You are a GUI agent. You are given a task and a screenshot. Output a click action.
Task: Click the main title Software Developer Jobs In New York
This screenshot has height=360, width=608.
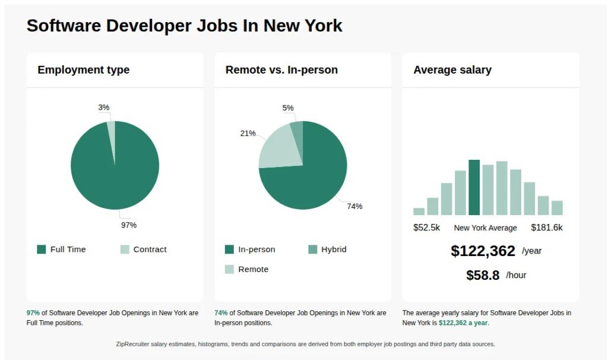(x=184, y=26)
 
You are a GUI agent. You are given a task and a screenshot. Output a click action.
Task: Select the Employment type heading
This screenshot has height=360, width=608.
(x=83, y=70)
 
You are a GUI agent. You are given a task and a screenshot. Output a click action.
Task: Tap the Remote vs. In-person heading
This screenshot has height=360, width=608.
(x=281, y=70)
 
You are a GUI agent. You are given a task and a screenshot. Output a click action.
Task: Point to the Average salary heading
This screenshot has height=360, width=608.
(x=452, y=70)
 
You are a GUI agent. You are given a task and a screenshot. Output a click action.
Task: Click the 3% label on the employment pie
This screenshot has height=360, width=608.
(x=104, y=108)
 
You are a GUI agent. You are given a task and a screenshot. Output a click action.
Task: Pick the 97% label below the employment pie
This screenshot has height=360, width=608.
(x=129, y=225)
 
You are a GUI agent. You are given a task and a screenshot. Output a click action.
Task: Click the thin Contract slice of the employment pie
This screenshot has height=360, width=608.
(x=111, y=131)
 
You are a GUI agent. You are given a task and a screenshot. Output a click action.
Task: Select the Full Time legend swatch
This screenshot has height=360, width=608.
(x=42, y=250)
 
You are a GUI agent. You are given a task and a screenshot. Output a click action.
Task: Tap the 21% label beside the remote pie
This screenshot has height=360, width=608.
(x=248, y=133)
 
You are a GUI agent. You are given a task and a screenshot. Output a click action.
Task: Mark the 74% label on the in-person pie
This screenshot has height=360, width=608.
(x=354, y=206)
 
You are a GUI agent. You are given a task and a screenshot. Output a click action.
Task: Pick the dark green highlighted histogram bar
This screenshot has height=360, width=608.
(x=474, y=187)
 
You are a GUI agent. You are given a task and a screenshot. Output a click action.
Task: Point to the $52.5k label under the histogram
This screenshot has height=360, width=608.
(x=426, y=228)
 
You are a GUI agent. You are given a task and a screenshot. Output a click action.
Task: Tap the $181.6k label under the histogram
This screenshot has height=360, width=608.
(x=547, y=228)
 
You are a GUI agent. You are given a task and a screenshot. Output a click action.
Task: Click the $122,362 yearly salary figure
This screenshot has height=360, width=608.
(x=483, y=251)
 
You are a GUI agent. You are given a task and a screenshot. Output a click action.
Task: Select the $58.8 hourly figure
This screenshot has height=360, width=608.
(x=483, y=275)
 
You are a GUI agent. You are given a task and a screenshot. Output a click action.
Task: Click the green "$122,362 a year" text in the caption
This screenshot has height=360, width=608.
(x=464, y=323)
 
